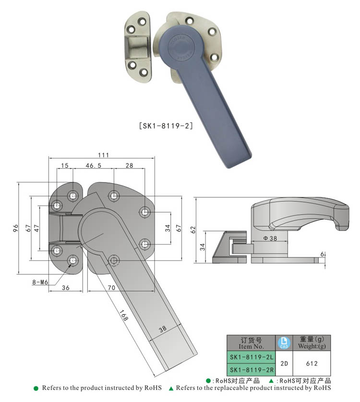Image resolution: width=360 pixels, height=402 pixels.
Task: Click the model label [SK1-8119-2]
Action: (166, 126)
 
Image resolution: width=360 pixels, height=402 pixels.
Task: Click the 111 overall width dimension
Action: (103, 155)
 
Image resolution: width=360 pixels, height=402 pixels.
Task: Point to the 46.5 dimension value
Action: (93, 165)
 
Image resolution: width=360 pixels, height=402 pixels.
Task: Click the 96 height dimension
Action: (14, 228)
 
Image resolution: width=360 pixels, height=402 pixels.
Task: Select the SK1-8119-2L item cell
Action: (251, 357)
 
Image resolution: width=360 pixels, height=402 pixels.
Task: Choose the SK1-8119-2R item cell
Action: (251, 370)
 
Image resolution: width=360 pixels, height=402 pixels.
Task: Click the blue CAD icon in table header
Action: (284, 343)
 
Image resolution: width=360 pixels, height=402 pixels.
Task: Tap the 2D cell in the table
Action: (284, 364)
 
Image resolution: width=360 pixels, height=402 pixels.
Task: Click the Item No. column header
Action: (251, 343)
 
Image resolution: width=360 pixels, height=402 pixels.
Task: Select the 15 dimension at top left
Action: (64, 165)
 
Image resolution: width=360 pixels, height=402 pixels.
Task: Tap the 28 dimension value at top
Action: (129, 165)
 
